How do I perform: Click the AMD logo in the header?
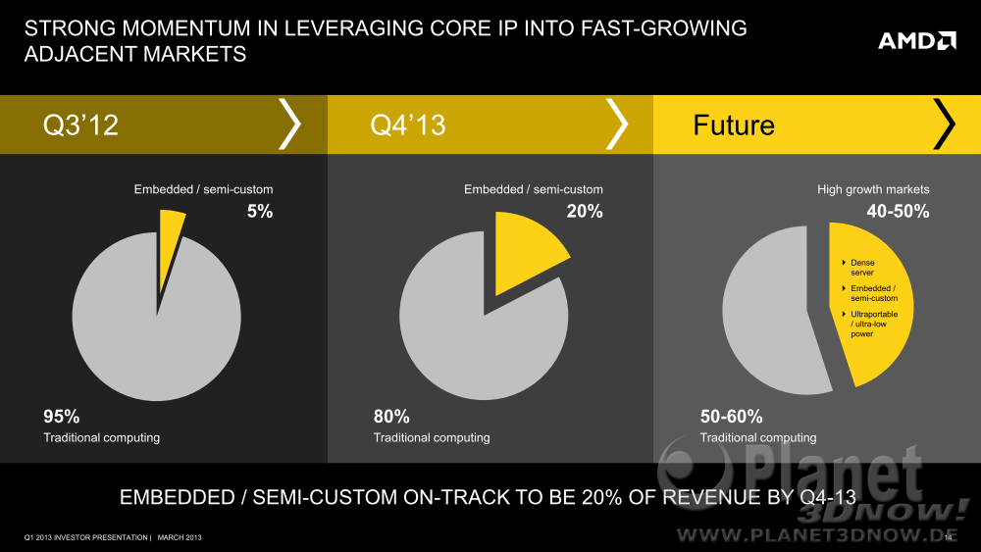click(916, 40)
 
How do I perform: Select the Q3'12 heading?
click(80, 125)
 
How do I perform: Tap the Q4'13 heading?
click(407, 125)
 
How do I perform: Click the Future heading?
click(733, 125)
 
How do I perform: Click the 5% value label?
click(259, 211)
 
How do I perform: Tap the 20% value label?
click(585, 211)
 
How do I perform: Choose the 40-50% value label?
click(898, 211)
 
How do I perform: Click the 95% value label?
click(61, 416)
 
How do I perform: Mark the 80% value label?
click(391, 416)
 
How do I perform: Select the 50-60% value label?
click(731, 416)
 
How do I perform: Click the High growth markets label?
click(873, 189)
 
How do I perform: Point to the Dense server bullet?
click(860, 268)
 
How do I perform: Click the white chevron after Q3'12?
click(290, 125)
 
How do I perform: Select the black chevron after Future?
click(944, 125)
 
